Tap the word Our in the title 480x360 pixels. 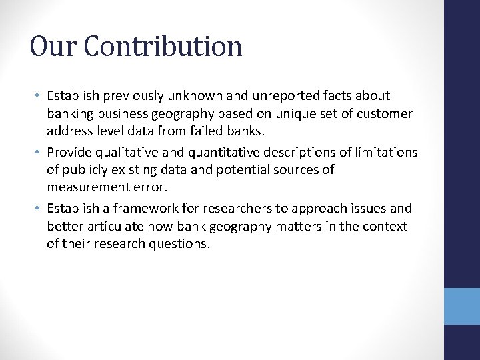pos(52,47)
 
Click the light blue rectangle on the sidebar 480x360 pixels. pos(461,306)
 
